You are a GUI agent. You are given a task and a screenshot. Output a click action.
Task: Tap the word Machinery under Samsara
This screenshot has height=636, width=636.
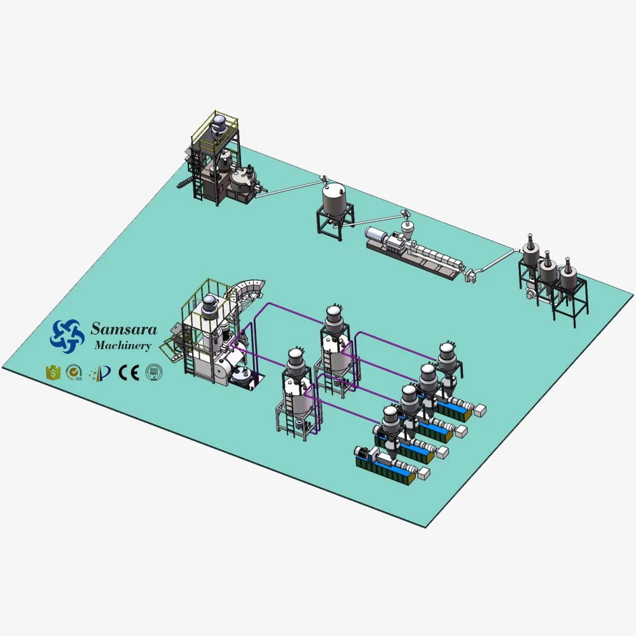[x=122, y=346]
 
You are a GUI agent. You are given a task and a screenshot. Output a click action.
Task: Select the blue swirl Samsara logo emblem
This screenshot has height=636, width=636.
[x=67, y=335]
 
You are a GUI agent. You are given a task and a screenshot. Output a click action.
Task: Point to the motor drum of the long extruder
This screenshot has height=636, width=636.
[x=374, y=236]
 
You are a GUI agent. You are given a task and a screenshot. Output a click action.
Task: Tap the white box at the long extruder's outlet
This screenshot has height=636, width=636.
[x=471, y=274]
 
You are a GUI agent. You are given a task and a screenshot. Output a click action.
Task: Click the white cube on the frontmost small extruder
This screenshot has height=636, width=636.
[x=421, y=473]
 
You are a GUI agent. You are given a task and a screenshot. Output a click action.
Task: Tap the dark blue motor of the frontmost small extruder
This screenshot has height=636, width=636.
[x=364, y=452]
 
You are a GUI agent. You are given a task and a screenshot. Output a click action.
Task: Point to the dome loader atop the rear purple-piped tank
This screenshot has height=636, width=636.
[x=332, y=316]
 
